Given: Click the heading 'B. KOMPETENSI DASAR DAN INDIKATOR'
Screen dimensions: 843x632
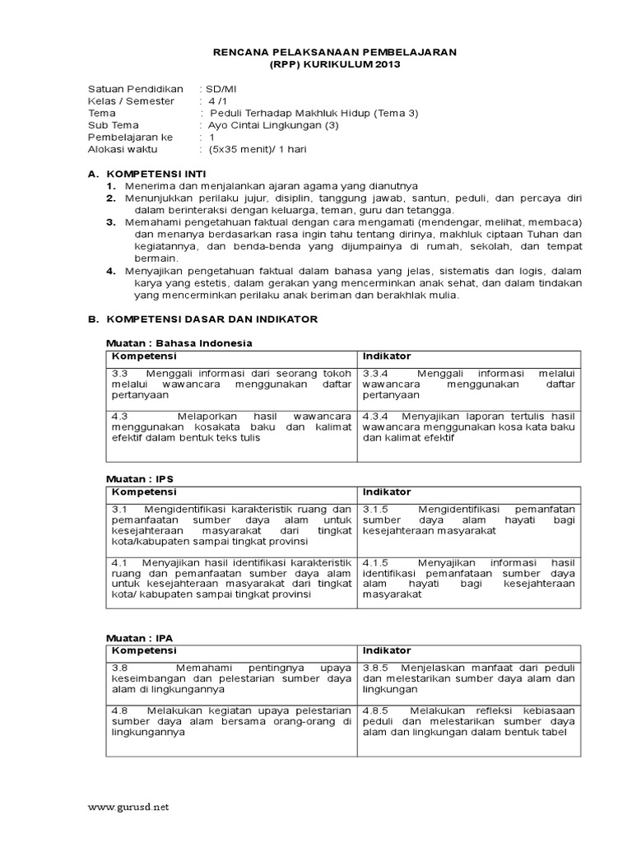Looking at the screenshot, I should point(202,318).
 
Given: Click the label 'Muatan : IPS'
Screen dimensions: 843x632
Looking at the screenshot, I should point(141,478).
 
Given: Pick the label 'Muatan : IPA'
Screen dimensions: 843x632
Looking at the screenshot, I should point(141,638).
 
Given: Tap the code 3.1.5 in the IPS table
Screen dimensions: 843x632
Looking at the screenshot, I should point(378,510).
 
